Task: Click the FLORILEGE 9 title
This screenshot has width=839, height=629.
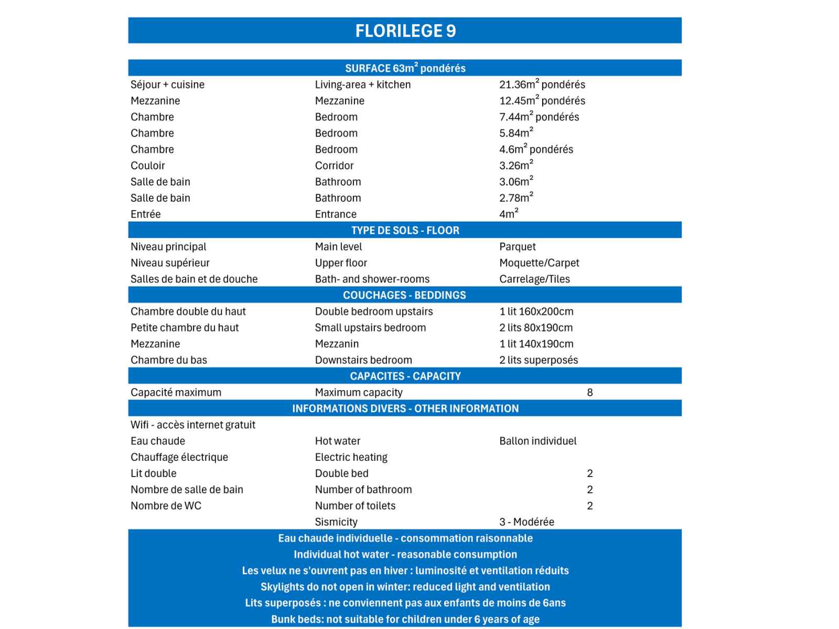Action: point(405,31)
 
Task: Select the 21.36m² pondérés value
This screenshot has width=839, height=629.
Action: point(542,84)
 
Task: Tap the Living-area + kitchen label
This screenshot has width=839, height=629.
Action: point(362,84)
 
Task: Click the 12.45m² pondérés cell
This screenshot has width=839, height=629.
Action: point(542,101)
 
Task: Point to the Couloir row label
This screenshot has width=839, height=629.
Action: point(147,166)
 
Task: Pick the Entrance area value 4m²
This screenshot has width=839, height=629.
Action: point(509,214)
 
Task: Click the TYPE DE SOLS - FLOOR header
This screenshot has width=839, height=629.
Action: point(405,230)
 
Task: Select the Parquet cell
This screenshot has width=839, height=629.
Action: point(517,246)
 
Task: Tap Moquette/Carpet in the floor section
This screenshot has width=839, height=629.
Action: point(539,263)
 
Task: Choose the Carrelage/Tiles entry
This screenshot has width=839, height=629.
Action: point(534,279)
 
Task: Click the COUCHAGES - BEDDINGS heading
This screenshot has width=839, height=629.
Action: point(404,295)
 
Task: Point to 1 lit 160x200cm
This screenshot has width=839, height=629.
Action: point(536,311)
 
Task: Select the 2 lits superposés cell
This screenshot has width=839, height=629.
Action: point(539,360)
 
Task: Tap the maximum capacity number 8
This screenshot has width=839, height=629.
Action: point(590,393)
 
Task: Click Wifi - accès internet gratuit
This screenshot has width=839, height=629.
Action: point(193,425)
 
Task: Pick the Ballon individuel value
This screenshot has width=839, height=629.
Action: point(537,441)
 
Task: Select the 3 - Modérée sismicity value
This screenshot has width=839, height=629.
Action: point(526,522)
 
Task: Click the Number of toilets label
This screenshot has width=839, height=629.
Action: point(355,506)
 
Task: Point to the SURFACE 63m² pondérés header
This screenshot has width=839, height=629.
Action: point(405,68)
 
